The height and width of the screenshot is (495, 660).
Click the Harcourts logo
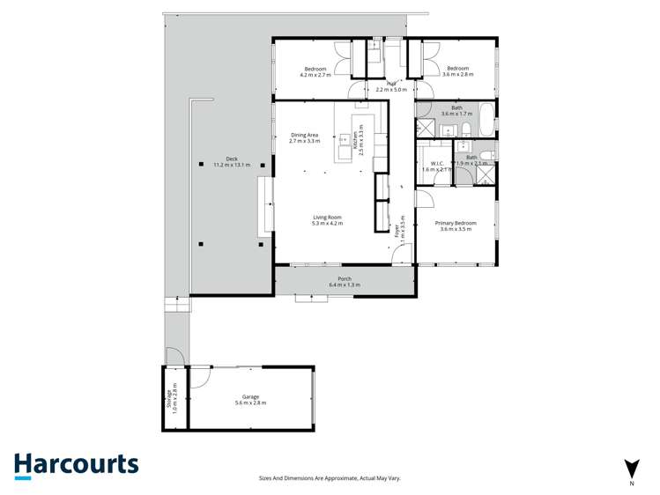76,465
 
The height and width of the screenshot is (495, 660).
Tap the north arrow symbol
631,469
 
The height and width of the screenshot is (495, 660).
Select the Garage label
250,400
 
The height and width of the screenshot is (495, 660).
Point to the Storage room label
174,398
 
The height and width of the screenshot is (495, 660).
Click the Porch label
345,282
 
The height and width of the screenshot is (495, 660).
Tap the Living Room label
327,220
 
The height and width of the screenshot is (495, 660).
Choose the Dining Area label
304,137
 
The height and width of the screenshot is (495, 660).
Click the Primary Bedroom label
456,225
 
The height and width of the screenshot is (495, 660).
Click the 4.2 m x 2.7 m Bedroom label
315,71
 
